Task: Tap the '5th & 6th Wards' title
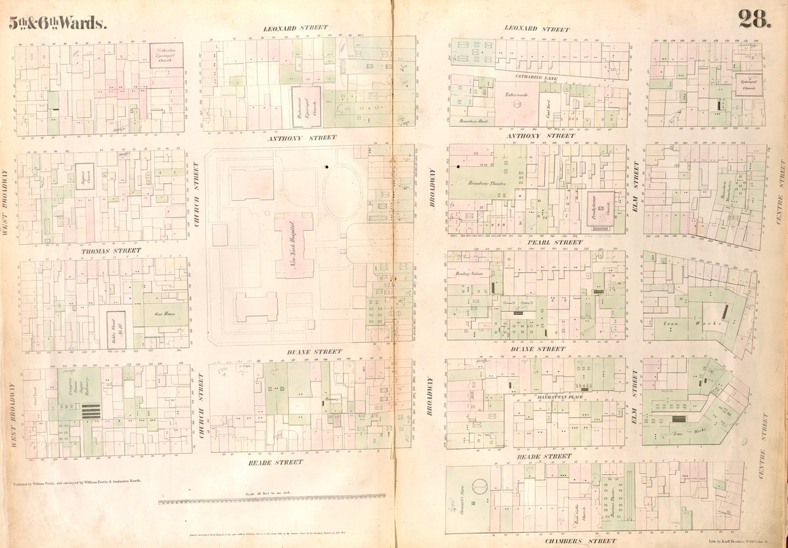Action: pos(57,23)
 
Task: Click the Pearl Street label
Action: pos(554,242)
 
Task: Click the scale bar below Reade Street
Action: pos(273,501)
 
